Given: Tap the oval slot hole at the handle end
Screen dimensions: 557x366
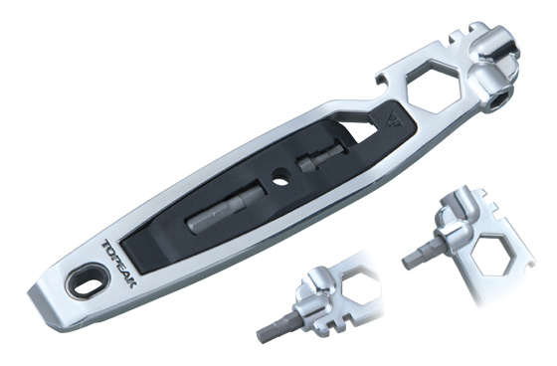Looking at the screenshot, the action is (x=87, y=284).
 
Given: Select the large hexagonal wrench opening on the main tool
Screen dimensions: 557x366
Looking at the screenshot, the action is (x=433, y=88).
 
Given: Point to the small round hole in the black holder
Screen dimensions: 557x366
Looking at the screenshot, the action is (x=280, y=177).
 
